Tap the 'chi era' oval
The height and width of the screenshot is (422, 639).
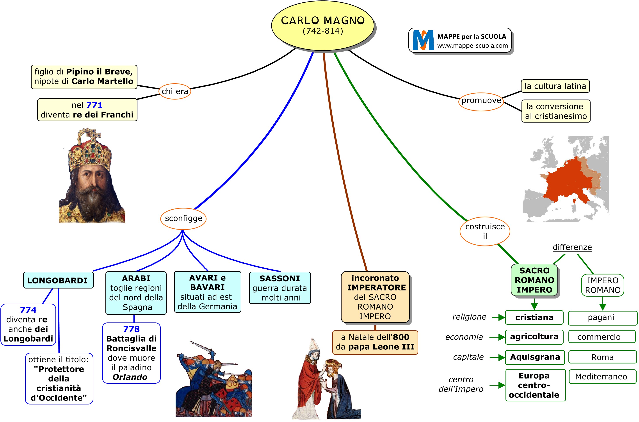[x=175, y=91]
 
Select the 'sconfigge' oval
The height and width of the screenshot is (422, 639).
[x=183, y=218]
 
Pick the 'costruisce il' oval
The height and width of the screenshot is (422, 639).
[x=485, y=231]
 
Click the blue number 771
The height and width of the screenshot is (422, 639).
[x=94, y=105]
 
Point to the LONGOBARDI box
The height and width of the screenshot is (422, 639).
[x=58, y=280]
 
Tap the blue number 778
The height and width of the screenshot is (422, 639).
[x=131, y=329]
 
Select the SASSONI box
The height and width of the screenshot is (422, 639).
[x=280, y=288]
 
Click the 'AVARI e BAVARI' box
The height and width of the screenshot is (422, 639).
[x=207, y=292]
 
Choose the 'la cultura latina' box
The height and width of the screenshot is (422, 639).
[x=555, y=86]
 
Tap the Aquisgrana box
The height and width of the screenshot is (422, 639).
[x=535, y=357]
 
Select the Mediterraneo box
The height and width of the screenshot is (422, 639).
[x=602, y=377]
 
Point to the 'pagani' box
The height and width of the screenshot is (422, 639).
[x=602, y=318]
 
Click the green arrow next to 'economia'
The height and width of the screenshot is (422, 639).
[x=497, y=337]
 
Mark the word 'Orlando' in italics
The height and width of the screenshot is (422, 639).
[x=130, y=377]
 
